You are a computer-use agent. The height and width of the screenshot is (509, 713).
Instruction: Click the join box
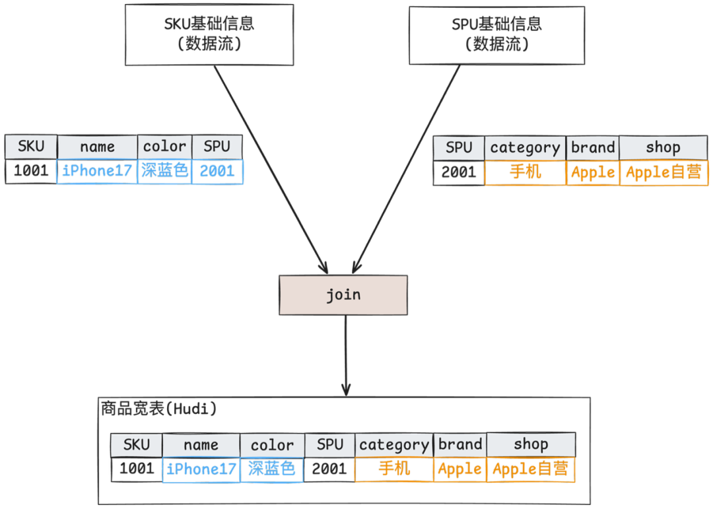pos(343,294)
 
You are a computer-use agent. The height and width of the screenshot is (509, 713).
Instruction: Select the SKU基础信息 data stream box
pos(209,35)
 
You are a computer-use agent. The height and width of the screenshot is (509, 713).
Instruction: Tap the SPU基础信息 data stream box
pos(496,35)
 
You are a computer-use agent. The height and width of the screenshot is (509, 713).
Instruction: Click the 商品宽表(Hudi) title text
pos(158,409)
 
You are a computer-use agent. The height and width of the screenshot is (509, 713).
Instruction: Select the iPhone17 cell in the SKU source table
pos(97,172)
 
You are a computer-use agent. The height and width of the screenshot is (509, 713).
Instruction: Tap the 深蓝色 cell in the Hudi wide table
pos(271,469)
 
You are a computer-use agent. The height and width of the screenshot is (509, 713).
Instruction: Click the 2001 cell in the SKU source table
pos(217,172)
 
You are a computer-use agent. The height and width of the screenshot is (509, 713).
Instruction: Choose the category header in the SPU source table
pos(525,148)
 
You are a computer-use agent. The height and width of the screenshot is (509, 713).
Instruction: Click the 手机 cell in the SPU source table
pos(525,173)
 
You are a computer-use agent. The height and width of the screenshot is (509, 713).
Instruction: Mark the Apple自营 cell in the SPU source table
pos(663,173)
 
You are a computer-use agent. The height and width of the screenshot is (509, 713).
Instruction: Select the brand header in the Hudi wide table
pos(460,444)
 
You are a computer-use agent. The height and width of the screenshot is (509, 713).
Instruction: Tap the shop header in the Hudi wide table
pos(531,444)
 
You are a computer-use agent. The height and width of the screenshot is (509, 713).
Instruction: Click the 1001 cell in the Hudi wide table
pos(136,469)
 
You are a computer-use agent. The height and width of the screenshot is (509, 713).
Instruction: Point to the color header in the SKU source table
pos(164,147)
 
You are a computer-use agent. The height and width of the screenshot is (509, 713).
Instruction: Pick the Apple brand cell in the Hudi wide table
pos(460,469)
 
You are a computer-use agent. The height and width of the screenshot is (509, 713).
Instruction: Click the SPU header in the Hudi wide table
pos(329,444)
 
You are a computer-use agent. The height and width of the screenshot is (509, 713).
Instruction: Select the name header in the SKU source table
pos(97,147)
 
